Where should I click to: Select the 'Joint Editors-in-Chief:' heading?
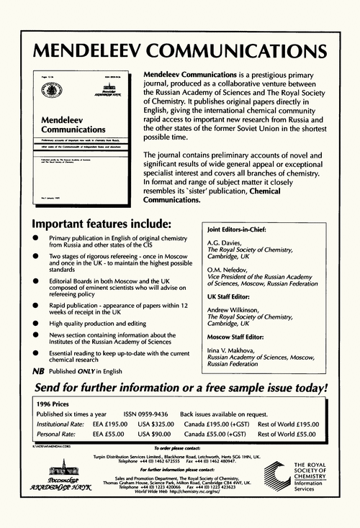[236, 230]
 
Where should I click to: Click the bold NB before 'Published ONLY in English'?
[38, 370]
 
